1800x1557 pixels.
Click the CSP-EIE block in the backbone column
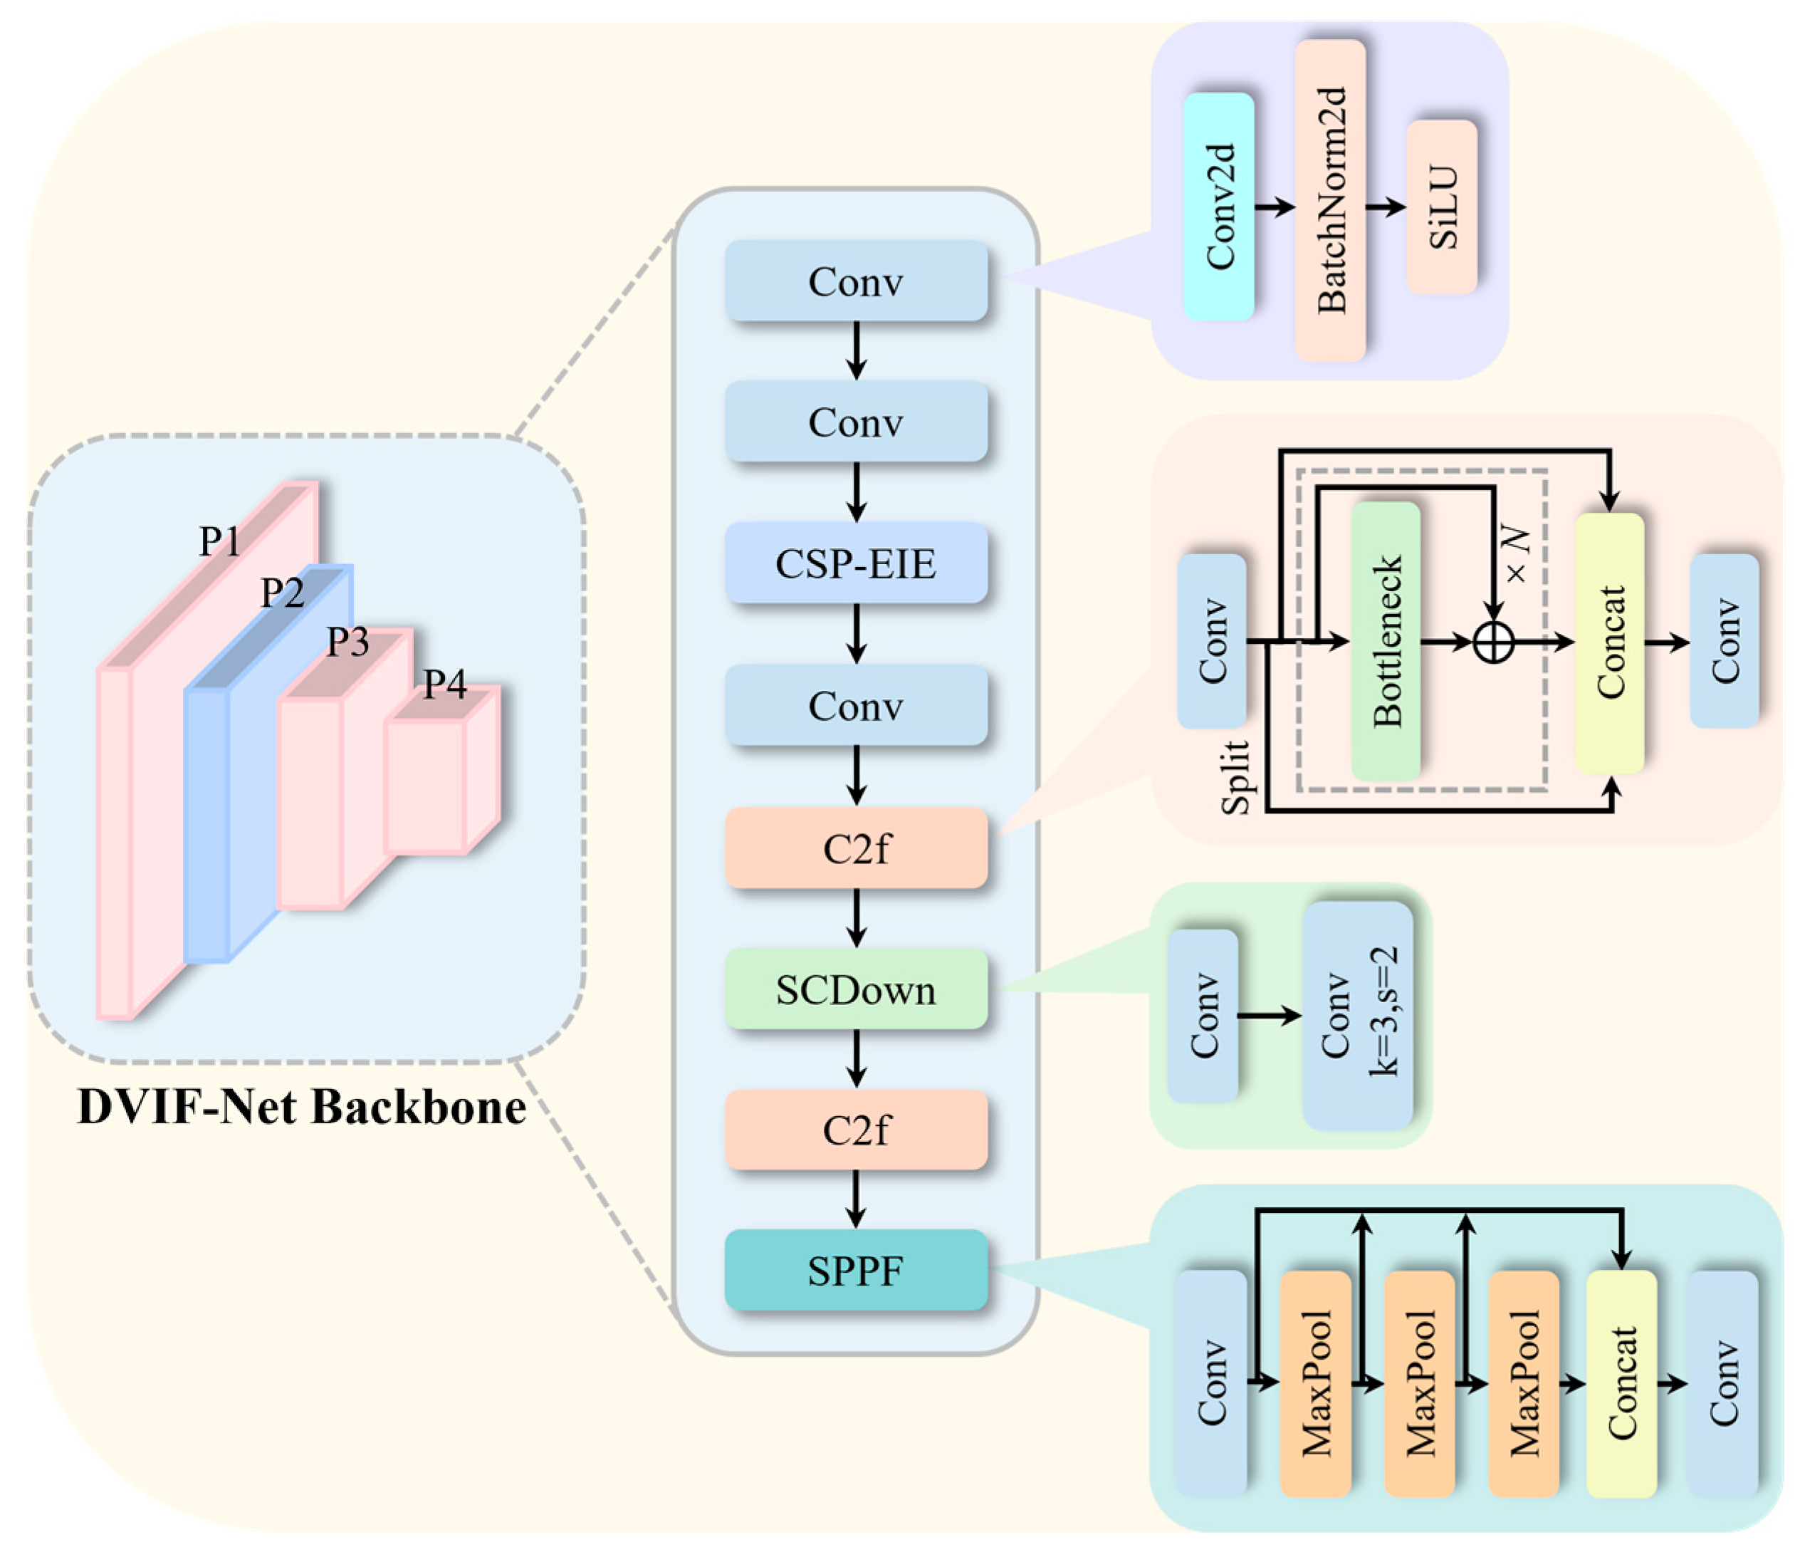pyautogui.click(x=856, y=563)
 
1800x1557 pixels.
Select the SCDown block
pyautogui.click(x=856, y=989)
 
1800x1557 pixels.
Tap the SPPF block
pyautogui.click(x=856, y=1270)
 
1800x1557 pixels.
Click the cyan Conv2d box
pyautogui.click(x=1219, y=207)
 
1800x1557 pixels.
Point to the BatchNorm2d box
pyautogui.click(x=1330, y=200)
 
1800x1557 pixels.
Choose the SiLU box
pyautogui.click(x=1442, y=207)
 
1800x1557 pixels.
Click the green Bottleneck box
pyautogui.click(x=1386, y=641)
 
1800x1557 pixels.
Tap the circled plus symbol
pyautogui.click(x=1495, y=643)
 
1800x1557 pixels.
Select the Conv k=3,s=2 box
pyautogui.click(x=1358, y=1015)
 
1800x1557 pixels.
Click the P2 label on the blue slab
pyautogui.click(x=283, y=593)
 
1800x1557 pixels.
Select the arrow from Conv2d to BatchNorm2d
pyautogui.click(x=1275, y=207)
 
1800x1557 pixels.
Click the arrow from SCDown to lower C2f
pyautogui.click(x=857, y=1058)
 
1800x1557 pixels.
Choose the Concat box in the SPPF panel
pyautogui.click(x=1621, y=1383)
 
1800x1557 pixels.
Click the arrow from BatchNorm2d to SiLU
pyautogui.click(x=1386, y=207)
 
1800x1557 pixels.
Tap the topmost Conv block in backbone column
pyautogui.click(x=856, y=281)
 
